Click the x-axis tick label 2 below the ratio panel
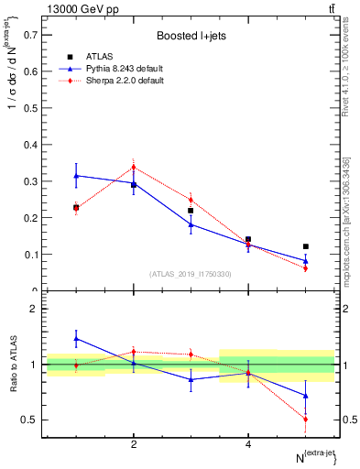[134, 444]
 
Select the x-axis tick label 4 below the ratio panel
[248, 444]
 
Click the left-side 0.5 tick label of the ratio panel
[30, 420]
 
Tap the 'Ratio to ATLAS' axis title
[13, 365]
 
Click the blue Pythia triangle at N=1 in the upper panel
[76, 175]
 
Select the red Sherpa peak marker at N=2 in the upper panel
[134, 167]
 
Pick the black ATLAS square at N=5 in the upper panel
[306, 246]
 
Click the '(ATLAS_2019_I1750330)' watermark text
[191, 274]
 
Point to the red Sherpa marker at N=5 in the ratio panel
[306, 419]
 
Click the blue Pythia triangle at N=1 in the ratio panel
[76, 338]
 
